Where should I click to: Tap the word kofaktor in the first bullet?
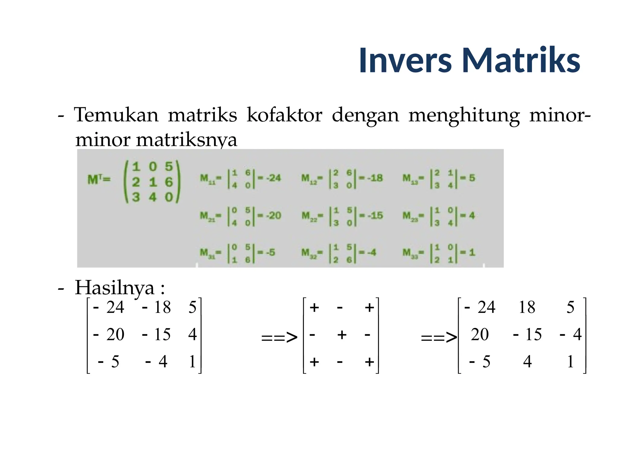pos(284,115)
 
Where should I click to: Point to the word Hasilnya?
pos(115,288)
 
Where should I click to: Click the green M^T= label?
pos(99,179)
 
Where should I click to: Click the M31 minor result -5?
pos(270,252)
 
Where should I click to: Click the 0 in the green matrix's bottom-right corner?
pos(169,197)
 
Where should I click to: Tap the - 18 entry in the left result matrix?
pos(156,307)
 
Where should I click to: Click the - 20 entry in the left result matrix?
pos(109,334)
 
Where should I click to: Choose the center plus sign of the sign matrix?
pos(342,335)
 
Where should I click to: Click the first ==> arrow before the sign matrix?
pos(279,337)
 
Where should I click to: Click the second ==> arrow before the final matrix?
pos(439,337)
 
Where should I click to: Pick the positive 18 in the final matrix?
pos(527,307)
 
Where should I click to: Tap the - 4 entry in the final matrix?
pos(570,334)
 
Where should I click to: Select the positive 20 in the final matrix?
pos(480,334)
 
